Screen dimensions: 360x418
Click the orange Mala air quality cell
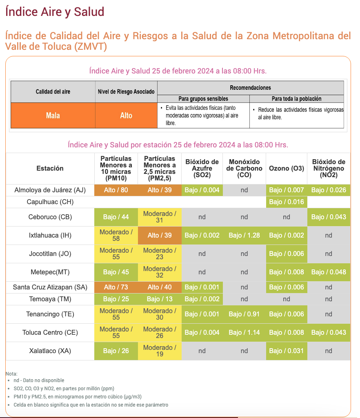[53, 116]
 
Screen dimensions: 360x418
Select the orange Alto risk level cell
[126, 116]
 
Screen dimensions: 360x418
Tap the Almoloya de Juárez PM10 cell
[116, 190]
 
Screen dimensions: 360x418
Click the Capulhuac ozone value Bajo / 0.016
[287, 202]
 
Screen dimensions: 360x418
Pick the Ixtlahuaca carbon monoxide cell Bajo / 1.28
[244, 236]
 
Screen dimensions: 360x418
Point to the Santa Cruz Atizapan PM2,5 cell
[160, 287]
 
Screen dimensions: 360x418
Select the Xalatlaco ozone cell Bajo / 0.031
[287, 351]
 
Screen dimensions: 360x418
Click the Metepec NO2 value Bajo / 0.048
[329, 272]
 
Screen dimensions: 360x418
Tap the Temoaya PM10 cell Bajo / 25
[116, 299]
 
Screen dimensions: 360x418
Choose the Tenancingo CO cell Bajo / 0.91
[244, 314]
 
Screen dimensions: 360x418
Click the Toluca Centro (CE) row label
[50, 332]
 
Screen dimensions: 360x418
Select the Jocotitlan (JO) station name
[50, 253]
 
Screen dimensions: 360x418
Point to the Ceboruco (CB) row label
[50, 217]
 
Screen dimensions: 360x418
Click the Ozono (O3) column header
[287, 169]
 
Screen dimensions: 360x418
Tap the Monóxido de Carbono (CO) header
[244, 169]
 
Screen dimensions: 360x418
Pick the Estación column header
[50, 169]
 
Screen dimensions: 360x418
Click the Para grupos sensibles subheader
[203, 99]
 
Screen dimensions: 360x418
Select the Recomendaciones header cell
[251, 88]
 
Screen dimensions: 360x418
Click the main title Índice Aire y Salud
[55, 12]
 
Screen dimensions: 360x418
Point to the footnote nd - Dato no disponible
[39, 380]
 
